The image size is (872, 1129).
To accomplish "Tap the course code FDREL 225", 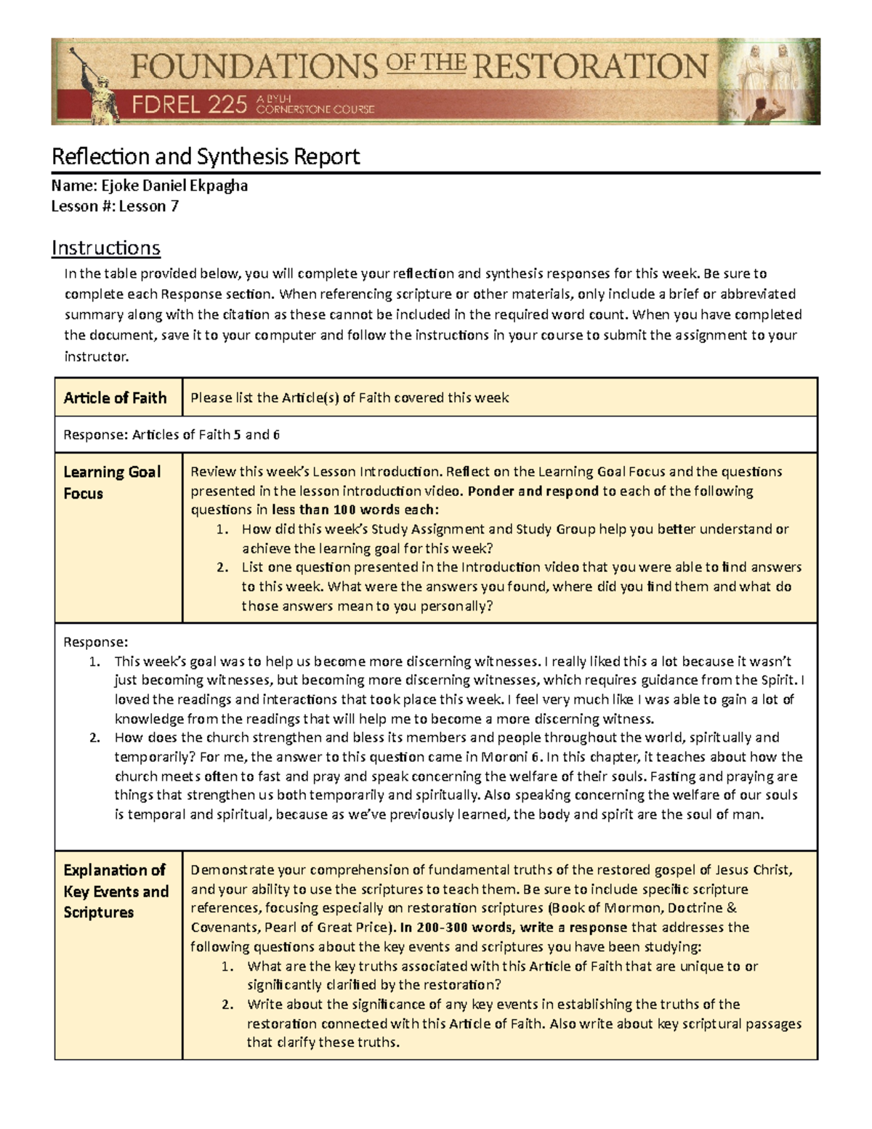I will coord(190,106).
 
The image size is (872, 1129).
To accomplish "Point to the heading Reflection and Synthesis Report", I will coord(206,156).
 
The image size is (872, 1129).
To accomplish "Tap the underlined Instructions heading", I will coord(105,248).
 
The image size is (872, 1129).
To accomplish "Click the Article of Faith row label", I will coord(115,398).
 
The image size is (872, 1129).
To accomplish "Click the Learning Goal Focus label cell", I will coord(112,482).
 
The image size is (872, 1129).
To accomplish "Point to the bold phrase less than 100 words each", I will coord(355,510).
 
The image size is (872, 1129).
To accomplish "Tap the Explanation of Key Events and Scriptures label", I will coord(116,891).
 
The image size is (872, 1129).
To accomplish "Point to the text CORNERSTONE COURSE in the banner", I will coord(315,110).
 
